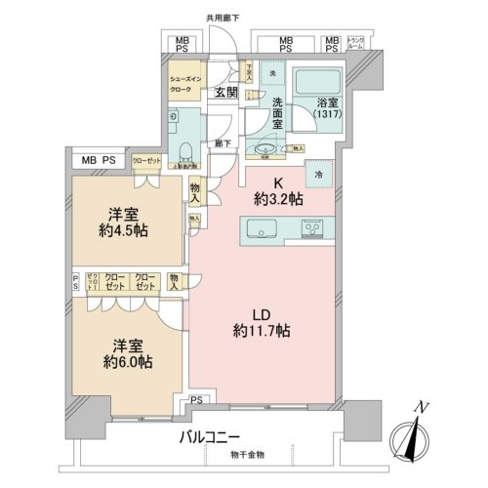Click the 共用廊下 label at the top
click(x=223, y=17)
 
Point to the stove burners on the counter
click(x=315, y=228)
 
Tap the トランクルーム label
click(x=357, y=43)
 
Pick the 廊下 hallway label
click(x=223, y=143)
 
